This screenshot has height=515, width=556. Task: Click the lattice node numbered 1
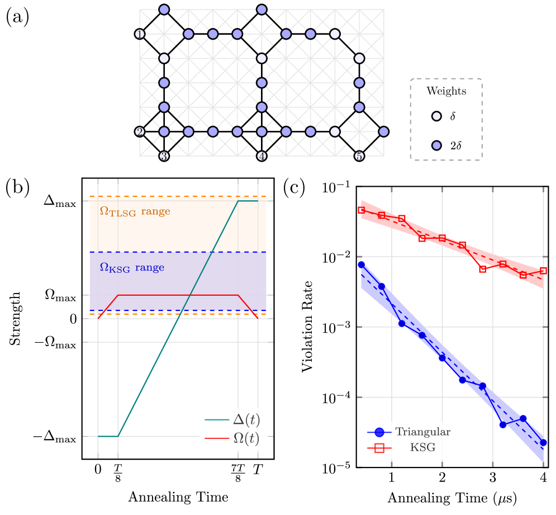[140, 34]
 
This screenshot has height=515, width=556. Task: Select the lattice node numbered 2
[140, 132]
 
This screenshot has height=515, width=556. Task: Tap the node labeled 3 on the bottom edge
[164, 156]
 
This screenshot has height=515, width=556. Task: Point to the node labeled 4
[262, 156]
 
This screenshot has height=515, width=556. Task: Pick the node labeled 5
[359, 156]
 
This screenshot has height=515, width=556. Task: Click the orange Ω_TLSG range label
[135, 212]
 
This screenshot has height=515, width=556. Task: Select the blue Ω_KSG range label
[132, 268]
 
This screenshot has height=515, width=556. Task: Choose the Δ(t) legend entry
[233, 420]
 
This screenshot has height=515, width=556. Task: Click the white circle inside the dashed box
[436, 116]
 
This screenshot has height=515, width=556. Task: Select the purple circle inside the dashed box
[436, 145]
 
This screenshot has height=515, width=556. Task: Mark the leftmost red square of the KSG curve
[362, 210]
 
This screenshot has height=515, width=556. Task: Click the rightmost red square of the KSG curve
[543, 271]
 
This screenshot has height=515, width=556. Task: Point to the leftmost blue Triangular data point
[362, 264]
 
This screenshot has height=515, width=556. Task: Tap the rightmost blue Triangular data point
[544, 442]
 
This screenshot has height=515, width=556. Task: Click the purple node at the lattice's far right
[383, 132]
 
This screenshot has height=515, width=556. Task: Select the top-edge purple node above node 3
[164, 10]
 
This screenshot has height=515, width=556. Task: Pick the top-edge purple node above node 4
[262, 10]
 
